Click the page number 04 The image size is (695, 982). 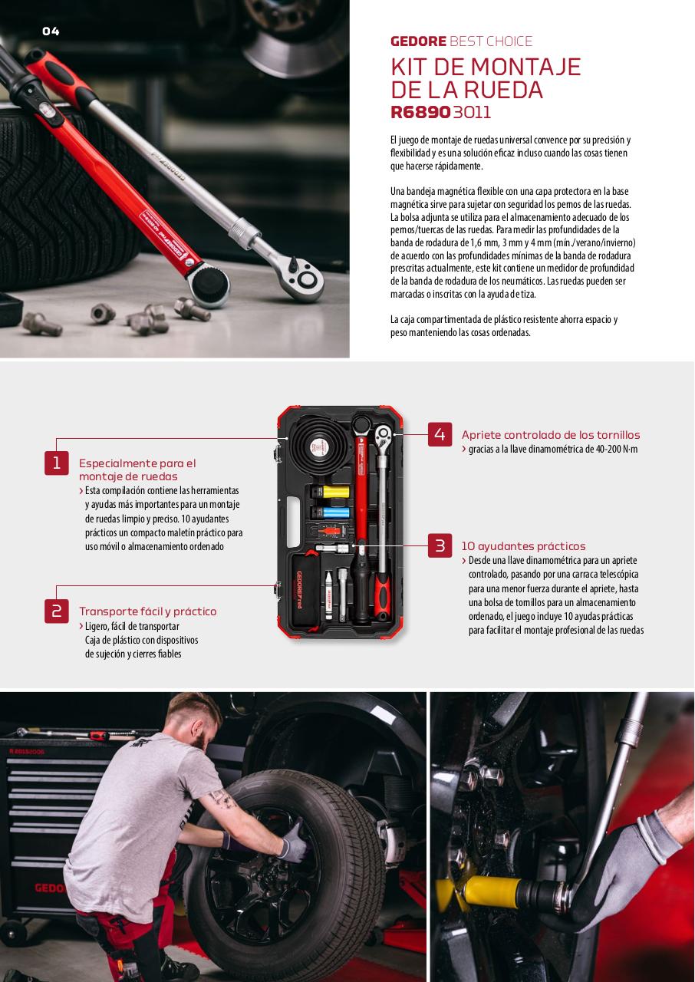(x=51, y=31)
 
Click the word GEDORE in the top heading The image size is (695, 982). (x=418, y=41)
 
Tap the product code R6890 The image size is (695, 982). (x=420, y=112)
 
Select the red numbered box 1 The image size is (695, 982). (x=57, y=463)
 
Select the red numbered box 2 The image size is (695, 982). (x=57, y=611)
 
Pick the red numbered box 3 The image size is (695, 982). (x=440, y=545)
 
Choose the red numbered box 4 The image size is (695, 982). (x=440, y=434)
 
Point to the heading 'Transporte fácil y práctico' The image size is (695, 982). (x=148, y=611)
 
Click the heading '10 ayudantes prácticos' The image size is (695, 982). (x=523, y=546)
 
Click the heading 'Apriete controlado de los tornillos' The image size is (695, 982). (x=551, y=435)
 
